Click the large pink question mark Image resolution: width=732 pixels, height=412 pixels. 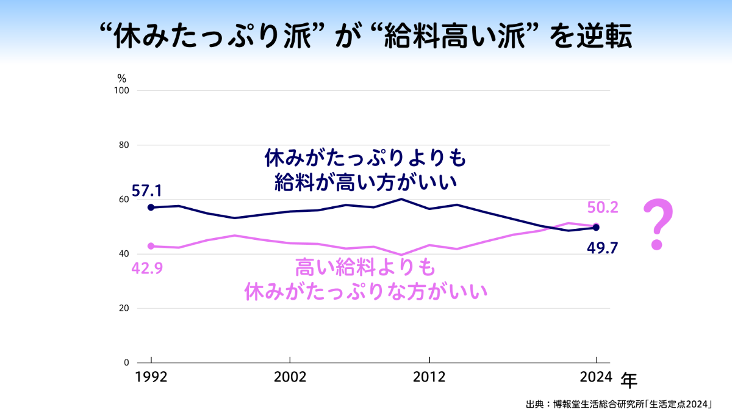pyautogui.click(x=658, y=224)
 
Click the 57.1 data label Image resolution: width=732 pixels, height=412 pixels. pyautogui.click(x=146, y=191)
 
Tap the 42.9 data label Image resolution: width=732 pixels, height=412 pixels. pyautogui.click(x=146, y=268)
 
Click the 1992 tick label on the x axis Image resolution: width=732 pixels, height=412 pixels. pyautogui.click(x=151, y=377)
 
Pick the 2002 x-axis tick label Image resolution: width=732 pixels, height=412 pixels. pyautogui.click(x=290, y=377)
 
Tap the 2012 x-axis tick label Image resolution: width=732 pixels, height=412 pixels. pyautogui.click(x=430, y=377)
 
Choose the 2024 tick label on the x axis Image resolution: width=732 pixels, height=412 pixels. pyautogui.click(x=596, y=377)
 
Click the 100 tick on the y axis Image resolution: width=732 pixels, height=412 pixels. pyautogui.click(x=122, y=90)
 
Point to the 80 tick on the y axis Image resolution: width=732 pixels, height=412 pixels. pyautogui.click(x=124, y=145)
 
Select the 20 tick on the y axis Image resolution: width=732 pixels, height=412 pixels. pyautogui.click(x=124, y=308)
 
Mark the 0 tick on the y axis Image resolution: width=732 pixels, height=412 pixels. pyautogui.click(x=126, y=363)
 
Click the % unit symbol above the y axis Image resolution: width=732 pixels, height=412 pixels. pyautogui.click(x=121, y=78)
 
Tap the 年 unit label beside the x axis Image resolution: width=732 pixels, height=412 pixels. pyautogui.click(x=629, y=381)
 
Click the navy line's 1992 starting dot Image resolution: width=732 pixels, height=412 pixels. pyautogui.click(x=151, y=208)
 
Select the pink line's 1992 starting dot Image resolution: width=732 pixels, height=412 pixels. pyautogui.click(x=151, y=246)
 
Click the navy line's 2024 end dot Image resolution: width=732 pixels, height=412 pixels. pyautogui.click(x=596, y=228)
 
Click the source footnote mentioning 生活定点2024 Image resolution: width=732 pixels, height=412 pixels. pyautogui.click(x=619, y=403)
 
